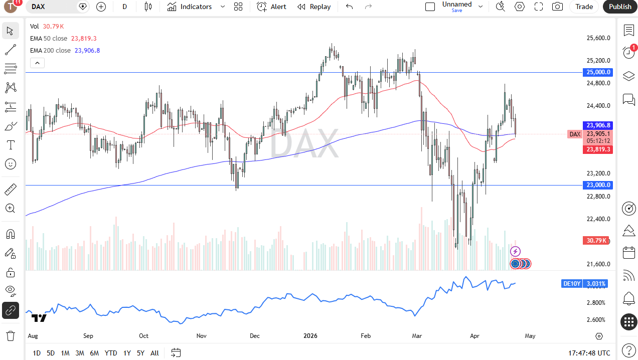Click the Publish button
[620, 7]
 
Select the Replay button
[314, 7]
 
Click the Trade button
[584, 7]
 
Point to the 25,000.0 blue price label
[598, 72]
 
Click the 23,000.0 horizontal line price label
[598, 185]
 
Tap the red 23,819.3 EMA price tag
[598, 149]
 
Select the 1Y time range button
[127, 353]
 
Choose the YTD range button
[111, 353]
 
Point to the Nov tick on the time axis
[202, 336]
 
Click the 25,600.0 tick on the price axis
[598, 38]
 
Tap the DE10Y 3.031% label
[584, 284]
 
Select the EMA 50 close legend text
[49, 38]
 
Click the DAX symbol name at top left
[38, 7]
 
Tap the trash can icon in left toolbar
[10, 335]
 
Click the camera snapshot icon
[557, 7]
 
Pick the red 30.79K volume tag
[596, 241]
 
